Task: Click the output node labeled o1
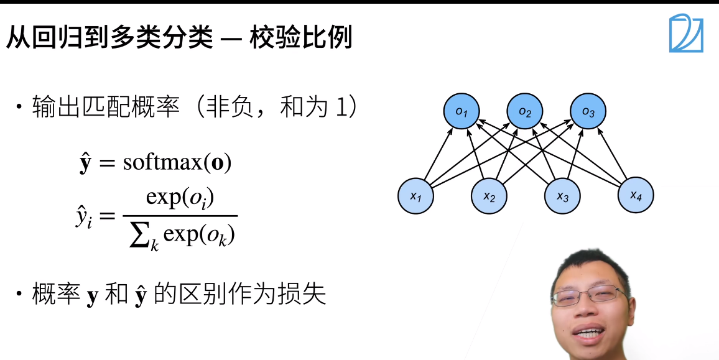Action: pyautogui.click(x=461, y=112)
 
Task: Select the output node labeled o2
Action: pyautogui.click(x=525, y=112)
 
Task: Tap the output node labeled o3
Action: pyautogui.click(x=588, y=112)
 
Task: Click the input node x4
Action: pyautogui.click(x=635, y=195)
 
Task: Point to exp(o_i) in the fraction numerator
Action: pyautogui.click(x=180, y=198)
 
